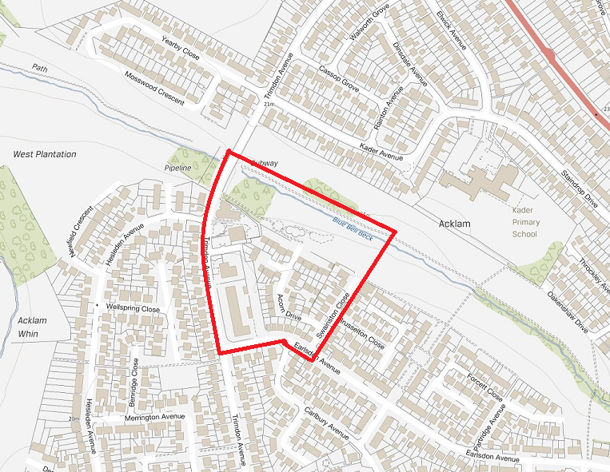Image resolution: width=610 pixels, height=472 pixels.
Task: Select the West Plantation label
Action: pos(45,153)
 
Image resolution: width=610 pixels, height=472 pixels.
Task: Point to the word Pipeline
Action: pos(177,169)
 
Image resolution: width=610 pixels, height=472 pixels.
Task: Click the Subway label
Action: pos(264,163)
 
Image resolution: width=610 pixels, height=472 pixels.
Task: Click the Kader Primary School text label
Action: pos(525,223)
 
